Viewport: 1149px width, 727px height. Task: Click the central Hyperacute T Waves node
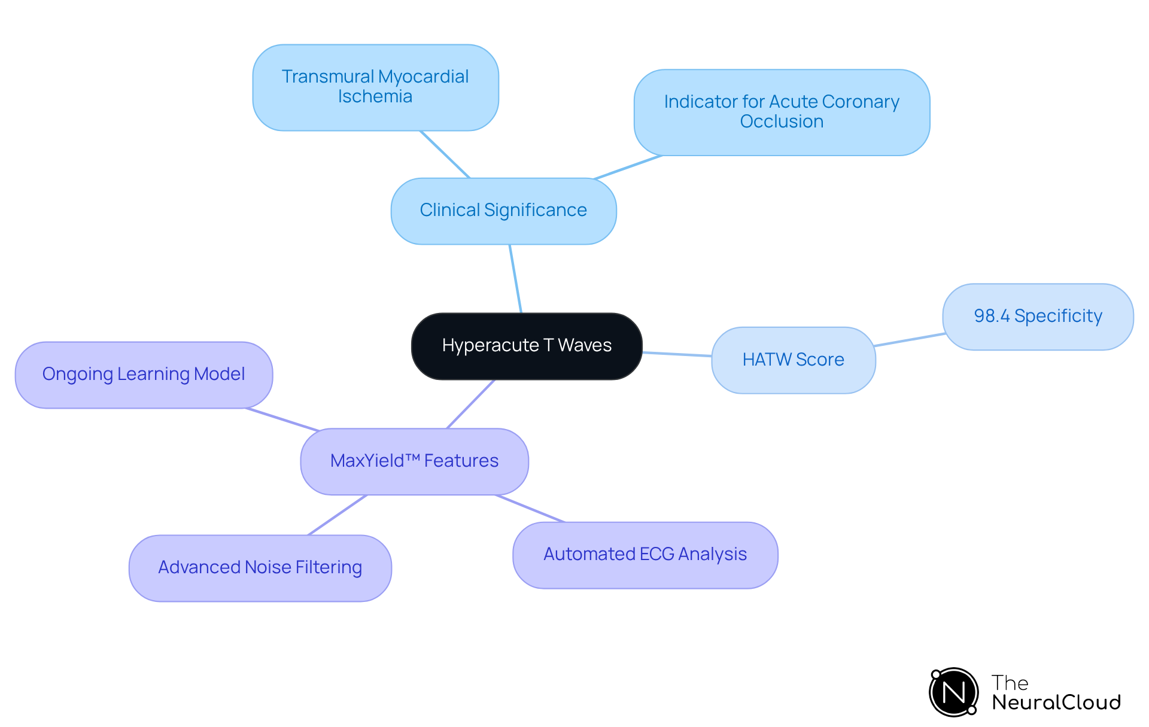pos(527,346)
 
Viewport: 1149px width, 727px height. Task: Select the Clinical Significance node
pos(503,211)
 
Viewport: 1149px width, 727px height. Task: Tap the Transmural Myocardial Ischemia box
pos(375,87)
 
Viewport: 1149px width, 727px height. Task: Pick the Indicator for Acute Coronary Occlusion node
pos(782,112)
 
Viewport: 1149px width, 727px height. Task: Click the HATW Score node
pos(793,360)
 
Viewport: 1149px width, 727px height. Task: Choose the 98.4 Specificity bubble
pos(1038,317)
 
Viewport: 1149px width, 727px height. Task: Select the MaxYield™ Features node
pos(414,461)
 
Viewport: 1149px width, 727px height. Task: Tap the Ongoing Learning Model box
pos(144,375)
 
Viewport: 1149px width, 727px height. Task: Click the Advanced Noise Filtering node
pos(260,568)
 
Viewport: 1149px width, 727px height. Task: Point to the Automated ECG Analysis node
pos(645,555)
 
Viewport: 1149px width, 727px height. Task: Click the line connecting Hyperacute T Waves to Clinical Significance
pos(515,278)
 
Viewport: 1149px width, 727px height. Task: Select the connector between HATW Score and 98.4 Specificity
pos(909,340)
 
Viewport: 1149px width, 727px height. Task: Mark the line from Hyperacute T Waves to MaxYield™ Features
pos(471,404)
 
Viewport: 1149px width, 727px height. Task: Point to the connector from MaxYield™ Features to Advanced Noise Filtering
pos(337,515)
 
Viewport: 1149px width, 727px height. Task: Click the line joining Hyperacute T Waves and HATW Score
pos(677,354)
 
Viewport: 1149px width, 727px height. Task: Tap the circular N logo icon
pos(954,692)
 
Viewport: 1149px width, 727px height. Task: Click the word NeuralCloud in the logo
pos(1056,702)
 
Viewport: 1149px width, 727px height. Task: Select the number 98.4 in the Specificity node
pos(992,316)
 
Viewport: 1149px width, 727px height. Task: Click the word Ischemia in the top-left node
pos(375,97)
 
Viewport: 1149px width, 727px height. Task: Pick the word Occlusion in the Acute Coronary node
pos(782,122)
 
